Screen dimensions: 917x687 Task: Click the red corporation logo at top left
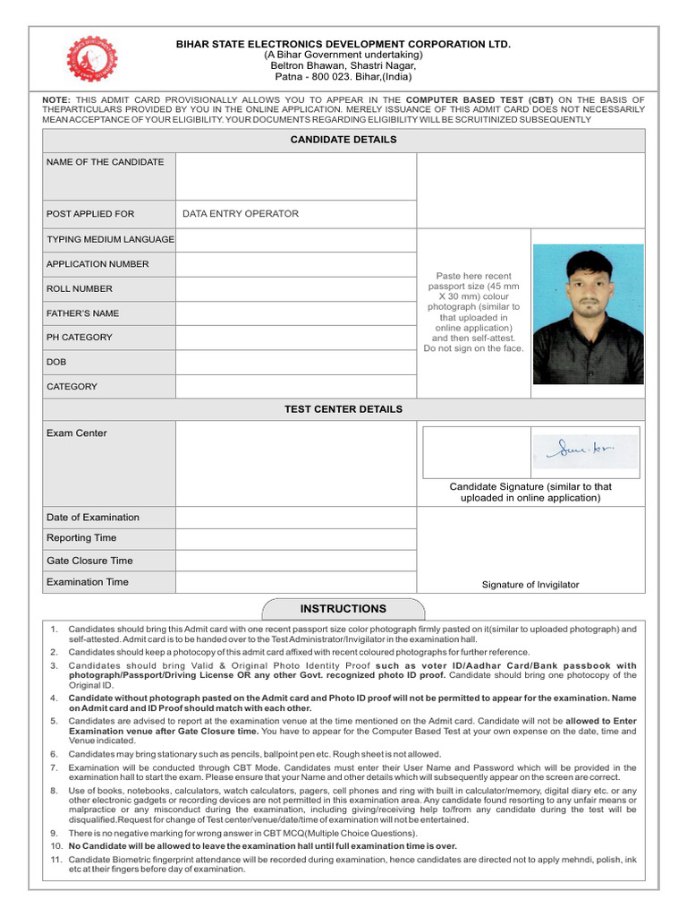(93, 59)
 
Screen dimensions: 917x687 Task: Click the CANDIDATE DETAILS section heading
(343, 140)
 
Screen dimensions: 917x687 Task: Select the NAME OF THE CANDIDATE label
(106, 162)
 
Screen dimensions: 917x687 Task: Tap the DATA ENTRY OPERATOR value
(241, 214)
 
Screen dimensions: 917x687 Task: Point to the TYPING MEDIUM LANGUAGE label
(110, 240)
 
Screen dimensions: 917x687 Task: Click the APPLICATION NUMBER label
(98, 264)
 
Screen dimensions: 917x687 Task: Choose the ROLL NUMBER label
(80, 289)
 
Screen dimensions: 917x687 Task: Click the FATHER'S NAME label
(82, 313)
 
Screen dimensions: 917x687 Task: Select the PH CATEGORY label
(80, 338)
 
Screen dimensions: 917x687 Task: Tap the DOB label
(56, 362)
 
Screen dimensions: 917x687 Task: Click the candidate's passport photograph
(588, 314)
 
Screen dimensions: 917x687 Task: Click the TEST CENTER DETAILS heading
(343, 409)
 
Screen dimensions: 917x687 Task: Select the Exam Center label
(77, 433)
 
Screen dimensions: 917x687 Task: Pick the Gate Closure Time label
(89, 561)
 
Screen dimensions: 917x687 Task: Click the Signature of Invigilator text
(530, 585)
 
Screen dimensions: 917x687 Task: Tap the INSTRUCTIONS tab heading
(343, 609)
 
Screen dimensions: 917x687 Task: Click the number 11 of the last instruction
(55, 859)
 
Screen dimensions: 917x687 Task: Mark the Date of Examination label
(93, 518)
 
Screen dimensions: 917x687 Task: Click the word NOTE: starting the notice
(57, 99)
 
